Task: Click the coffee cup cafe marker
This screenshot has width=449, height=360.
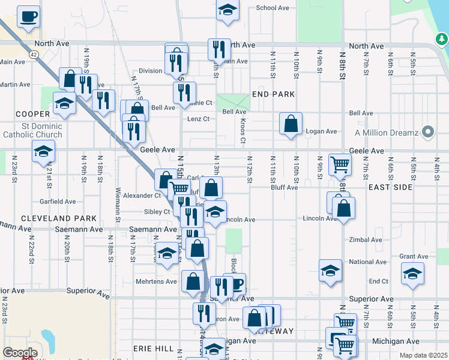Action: (28, 17)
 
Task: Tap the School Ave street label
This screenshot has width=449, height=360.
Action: (273, 8)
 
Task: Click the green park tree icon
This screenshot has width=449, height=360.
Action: (442, 40)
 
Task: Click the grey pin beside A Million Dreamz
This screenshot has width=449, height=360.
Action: (427, 131)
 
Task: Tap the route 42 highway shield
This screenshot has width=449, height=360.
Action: (34, 54)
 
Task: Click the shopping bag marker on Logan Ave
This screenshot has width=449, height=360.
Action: (291, 124)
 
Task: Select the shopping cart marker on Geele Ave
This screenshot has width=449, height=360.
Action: (340, 163)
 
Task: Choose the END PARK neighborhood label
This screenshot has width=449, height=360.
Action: (273, 94)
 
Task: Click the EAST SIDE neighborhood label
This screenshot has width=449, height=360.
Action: (390, 187)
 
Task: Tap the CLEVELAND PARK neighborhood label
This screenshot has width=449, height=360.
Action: (50, 218)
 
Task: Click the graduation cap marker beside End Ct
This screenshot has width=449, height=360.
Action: (412, 274)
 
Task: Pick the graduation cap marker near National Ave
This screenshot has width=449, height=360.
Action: (330, 271)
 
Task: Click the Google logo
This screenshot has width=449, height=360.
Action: (20, 353)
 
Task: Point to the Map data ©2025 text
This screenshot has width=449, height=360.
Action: (423, 355)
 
